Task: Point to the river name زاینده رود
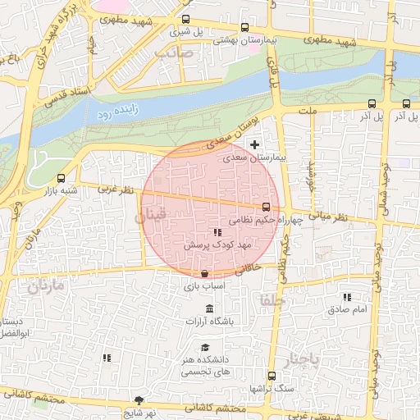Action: (x=116, y=112)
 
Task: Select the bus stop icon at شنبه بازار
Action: (x=62, y=178)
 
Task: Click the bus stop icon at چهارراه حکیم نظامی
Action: (x=266, y=208)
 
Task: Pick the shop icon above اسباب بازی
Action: (x=204, y=273)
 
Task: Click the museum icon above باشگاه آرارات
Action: (x=210, y=309)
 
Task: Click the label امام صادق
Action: (x=349, y=309)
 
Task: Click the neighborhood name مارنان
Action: (x=44, y=286)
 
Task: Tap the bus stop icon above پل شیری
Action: (x=186, y=19)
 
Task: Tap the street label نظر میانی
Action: (x=329, y=216)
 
